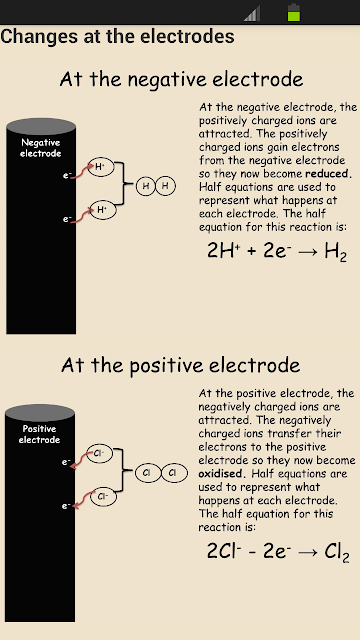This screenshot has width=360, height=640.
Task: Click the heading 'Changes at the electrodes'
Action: pos(118,36)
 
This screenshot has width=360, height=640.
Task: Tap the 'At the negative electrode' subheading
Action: pos(182,80)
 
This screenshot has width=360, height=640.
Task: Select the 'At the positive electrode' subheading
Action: pos(181,365)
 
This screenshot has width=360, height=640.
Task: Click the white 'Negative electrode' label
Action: pos(41,148)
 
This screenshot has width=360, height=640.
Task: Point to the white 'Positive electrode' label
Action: pos(40,434)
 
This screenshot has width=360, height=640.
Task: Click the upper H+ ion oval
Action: pos(100,167)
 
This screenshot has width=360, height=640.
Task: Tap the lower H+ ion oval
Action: pos(103,210)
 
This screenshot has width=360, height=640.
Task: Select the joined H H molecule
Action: pos(156,186)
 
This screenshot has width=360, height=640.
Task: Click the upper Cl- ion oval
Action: pos(99,453)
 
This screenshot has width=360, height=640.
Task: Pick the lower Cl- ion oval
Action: pos(103,496)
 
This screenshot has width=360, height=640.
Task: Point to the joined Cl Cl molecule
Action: pos(161,473)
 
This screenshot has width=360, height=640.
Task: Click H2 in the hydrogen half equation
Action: pos(336,252)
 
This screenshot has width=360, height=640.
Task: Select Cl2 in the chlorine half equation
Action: pos(337,553)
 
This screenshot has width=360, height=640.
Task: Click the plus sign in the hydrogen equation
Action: pos(252,251)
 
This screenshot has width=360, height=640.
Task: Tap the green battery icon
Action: pos(294,12)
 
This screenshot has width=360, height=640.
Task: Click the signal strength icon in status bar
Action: pos(252,13)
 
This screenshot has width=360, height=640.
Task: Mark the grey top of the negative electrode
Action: pos(41,127)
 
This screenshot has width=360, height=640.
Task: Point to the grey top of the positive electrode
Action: pos(40,413)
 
